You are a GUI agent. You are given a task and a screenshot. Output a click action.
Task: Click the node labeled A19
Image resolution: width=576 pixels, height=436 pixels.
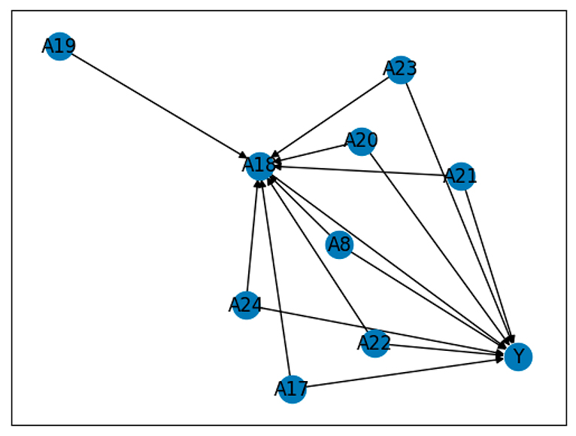tap(59, 47)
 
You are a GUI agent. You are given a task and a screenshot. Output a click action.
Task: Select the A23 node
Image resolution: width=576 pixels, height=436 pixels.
tap(400, 69)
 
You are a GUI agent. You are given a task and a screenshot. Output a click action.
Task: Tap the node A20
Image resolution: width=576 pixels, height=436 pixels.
tap(361, 141)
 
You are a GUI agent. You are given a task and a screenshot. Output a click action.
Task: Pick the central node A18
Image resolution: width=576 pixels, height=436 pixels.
tap(259, 165)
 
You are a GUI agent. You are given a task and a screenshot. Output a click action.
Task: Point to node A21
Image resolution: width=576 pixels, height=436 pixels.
tap(460, 176)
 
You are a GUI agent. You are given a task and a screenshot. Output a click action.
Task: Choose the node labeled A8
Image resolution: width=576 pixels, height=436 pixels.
tap(339, 244)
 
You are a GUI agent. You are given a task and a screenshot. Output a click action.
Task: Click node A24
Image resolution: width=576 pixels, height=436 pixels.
tap(245, 305)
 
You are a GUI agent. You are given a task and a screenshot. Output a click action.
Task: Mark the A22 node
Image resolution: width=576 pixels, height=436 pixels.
tap(374, 344)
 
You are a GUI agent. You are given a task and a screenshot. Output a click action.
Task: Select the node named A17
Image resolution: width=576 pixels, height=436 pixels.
tap(292, 389)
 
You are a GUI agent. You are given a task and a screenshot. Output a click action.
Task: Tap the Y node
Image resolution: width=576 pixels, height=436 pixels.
tap(518, 356)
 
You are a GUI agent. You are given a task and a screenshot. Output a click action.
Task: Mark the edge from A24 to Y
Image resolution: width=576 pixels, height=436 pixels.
tap(376, 329)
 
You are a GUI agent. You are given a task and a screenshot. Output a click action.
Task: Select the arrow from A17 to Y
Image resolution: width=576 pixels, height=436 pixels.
tap(399, 373)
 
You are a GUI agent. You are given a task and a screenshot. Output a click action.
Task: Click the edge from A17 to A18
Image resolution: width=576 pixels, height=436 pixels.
tap(276, 279)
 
